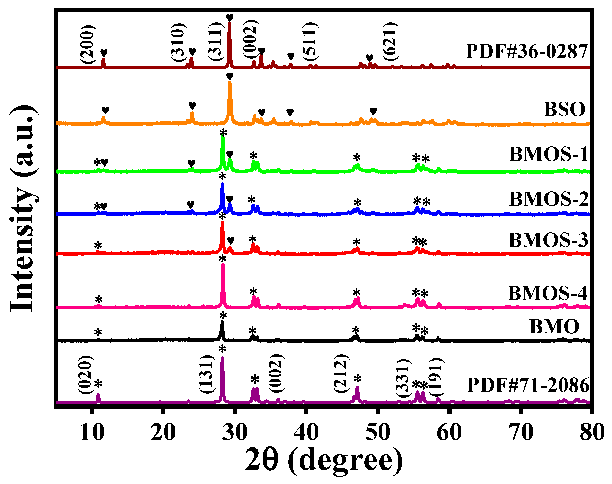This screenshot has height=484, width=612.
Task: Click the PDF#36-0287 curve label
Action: (527, 52)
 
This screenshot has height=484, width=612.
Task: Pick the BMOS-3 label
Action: (548, 240)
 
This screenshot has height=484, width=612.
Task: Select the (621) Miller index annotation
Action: (390, 41)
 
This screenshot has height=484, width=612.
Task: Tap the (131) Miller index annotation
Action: (207, 374)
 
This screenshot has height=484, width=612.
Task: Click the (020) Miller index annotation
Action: (86, 375)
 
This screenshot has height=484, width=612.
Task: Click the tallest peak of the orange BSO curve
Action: (230, 83)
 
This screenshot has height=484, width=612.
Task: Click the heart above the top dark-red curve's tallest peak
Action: (230, 18)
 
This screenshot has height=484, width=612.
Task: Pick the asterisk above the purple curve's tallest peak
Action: (222, 349)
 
